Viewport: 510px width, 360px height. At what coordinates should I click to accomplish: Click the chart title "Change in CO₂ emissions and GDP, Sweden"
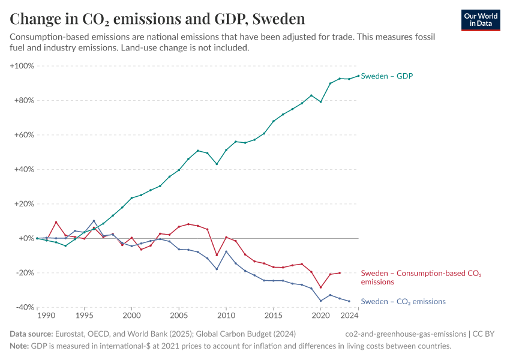[157, 19]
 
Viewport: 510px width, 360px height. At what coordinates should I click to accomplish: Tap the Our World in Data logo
[481, 19]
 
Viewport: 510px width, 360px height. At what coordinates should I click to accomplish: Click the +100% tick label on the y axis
[22, 65]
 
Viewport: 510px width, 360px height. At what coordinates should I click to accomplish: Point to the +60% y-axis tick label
[23, 135]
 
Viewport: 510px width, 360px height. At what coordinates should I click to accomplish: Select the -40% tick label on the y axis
[23, 307]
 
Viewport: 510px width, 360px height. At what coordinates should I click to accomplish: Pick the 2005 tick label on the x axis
[179, 315]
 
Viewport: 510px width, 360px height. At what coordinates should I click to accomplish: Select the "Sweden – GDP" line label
[387, 76]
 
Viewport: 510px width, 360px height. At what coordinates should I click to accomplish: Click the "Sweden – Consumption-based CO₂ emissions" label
[421, 277]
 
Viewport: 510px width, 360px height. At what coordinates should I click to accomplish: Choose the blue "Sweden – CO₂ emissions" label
[403, 302]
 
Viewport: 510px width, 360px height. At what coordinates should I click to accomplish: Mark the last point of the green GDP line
[359, 76]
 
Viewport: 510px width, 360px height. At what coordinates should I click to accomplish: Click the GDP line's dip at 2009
[217, 164]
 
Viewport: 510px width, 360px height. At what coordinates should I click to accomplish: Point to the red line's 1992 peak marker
[56, 222]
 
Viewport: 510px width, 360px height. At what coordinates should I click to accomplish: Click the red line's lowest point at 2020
[321, 287]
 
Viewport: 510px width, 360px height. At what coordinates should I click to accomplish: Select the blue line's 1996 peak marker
[94, 221]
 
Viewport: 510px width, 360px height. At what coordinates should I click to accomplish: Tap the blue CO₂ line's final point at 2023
[349, 301]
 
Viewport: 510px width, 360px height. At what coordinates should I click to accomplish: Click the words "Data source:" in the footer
[31, 334]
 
